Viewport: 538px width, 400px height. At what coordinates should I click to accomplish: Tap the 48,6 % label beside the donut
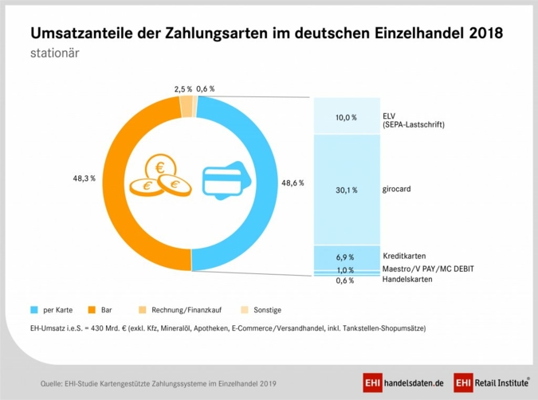coord(293,182)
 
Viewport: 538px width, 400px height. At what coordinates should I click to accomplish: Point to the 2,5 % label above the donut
coord(183,88)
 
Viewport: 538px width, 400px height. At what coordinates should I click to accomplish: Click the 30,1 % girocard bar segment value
coord(345,190)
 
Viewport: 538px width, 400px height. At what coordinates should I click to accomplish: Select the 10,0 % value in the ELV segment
coord(345,117)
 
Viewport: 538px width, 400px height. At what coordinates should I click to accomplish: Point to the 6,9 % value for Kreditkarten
coord(345,258)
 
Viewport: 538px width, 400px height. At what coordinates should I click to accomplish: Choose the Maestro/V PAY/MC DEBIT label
coord(428,269)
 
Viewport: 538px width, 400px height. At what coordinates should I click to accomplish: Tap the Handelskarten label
coord(408,279)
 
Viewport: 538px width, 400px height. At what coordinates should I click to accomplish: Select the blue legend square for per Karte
coord(34,309)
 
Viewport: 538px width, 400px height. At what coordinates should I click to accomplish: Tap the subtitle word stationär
coord(54,54)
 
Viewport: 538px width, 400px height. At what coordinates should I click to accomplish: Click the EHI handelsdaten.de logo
coord(403,382)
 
